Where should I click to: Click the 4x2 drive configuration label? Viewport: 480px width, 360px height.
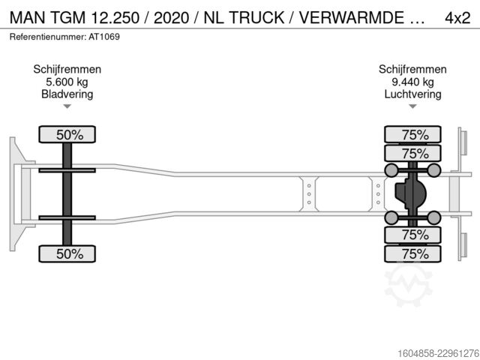tap(457, 18)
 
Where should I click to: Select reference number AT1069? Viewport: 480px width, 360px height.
tap(104, 37)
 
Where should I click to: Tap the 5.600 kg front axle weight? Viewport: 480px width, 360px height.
tap(67, 82)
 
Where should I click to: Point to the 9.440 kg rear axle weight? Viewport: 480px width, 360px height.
tap(412, 82)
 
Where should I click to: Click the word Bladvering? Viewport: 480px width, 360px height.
tap(67, 94)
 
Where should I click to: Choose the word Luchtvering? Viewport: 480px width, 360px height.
tap(412, 94)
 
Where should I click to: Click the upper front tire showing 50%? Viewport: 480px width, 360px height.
tap(67, 134)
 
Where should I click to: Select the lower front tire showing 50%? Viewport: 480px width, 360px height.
tap(67, 253)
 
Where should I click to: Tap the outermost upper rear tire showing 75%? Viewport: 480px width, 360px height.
tap(412, 134)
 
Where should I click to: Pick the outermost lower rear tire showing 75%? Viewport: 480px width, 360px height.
tap(412, 253)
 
